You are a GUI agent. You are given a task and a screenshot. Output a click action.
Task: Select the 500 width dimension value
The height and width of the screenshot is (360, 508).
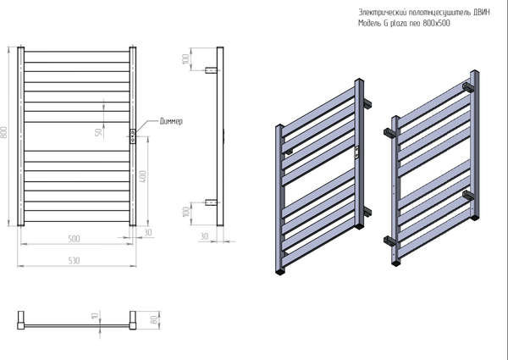(75, 238)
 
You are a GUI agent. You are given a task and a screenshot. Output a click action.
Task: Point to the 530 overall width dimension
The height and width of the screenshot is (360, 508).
(75, 261)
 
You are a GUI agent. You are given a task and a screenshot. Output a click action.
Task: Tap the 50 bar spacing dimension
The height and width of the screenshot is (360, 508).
(99, 132)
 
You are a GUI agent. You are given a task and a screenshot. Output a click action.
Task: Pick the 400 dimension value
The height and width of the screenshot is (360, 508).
(144, 175)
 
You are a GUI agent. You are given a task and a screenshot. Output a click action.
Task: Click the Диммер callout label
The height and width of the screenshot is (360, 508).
(171, 122)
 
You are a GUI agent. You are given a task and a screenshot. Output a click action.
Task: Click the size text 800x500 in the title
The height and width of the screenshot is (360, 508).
(435, 24)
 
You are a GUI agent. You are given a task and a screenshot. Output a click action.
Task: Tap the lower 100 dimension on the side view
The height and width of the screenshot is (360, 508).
(185, 212)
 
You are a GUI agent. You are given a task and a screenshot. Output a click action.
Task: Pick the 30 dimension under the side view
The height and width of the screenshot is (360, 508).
(204, 236)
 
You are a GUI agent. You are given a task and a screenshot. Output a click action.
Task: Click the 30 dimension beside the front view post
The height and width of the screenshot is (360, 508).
(149, 231)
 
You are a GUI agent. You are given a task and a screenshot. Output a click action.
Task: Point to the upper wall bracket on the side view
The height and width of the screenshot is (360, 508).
(213, 69)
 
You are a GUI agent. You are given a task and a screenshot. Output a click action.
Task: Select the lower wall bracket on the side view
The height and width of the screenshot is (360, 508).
(213, 202)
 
